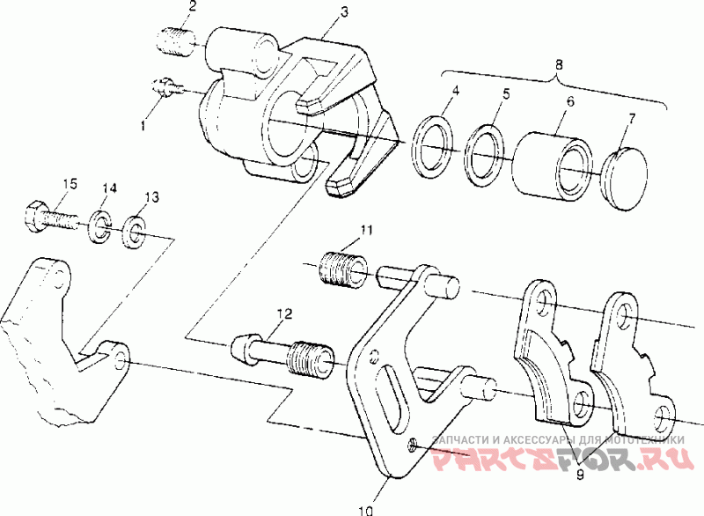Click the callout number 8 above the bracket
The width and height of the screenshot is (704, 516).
pos(558,64)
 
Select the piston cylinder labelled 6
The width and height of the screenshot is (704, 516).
pos(553,166)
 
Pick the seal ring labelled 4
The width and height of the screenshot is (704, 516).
pos(433,147)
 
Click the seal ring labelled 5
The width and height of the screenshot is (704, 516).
pos(485,155)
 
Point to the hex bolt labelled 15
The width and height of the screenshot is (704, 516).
pos(51,217)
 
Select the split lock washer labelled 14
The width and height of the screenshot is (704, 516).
pos(100,225)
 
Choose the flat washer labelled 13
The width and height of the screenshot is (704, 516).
pos(133,232)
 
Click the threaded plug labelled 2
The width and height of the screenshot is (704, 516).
pos(176,41)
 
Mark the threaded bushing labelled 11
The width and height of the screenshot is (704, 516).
pos(342,270)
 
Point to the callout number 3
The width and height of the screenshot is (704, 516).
pos(344,11)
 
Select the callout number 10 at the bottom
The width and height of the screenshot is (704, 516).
pos(366,511)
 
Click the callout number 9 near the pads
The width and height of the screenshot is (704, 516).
pos(580,474)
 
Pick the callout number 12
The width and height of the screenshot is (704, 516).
pos(283,313)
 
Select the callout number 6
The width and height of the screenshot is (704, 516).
pos(570,100)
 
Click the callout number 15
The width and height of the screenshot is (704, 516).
pos(70,183)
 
